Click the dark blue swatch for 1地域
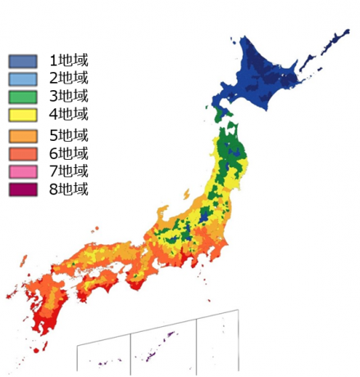tap(23, 61)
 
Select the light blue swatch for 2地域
tap(23, 79)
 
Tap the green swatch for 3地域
tap(23, 97)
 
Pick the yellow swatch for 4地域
tap(23, 115)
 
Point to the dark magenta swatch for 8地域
tap(23, 190)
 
